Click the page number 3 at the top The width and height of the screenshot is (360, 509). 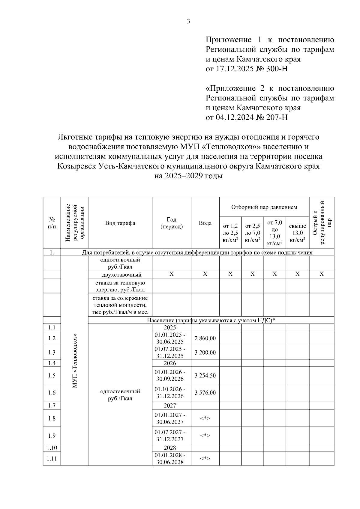click(188, 22)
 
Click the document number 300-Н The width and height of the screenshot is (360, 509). click(276, 69)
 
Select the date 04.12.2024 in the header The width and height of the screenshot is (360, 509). click(234, 117)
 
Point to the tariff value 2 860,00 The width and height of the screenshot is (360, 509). click(205, 338)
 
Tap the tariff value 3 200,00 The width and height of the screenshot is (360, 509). click(205, 353)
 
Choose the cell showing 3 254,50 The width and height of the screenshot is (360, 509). click(205, 376)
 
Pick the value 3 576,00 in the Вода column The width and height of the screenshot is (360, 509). click(205, 393)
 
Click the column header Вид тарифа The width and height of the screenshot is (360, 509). click(120, 223)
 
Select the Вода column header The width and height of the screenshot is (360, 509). click(205, 223)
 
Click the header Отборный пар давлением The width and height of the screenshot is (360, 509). click(264, 207)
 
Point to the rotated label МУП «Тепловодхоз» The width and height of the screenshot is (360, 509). click(75, 361)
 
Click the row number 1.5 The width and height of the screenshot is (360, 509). click(52, 376)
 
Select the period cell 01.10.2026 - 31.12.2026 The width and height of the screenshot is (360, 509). click(170, 393)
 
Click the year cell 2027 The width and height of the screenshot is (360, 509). click(170, 406)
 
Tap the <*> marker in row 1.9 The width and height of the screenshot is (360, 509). click(205, 436)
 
